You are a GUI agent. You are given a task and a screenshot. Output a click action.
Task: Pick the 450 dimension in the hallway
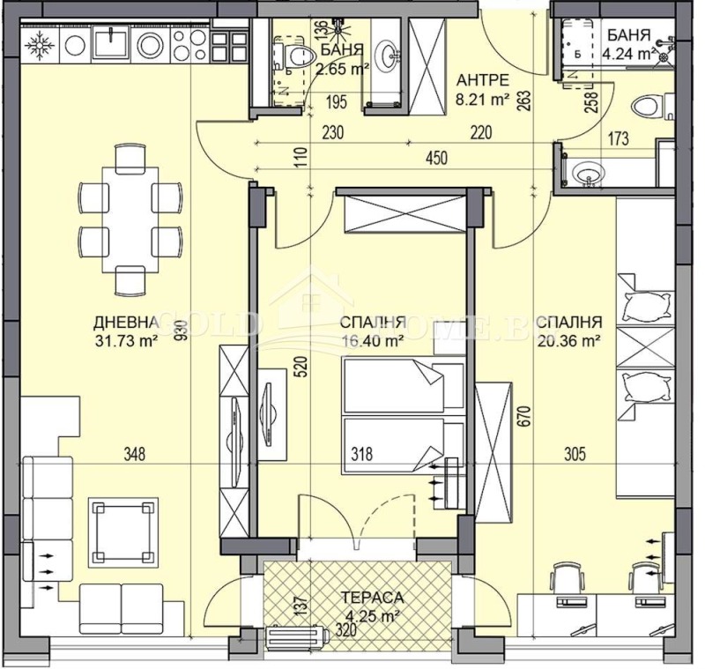pyautogui.click(x=436, y=159)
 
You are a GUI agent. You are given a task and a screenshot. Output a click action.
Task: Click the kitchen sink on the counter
pyautogui.click(x=113, y=41)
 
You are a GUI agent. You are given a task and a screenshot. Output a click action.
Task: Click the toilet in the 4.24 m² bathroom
pyautogui.click(x=649, y=109)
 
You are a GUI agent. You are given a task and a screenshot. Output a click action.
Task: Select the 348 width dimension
pyautogui.click(x=134, y=455)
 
